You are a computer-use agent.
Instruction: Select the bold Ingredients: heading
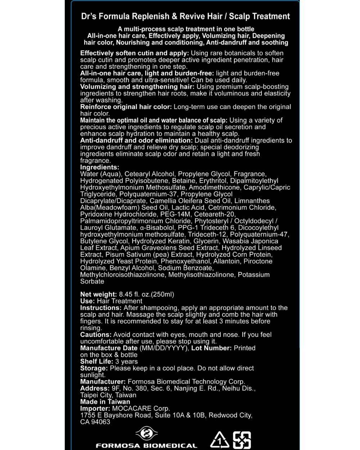tap(100, 167)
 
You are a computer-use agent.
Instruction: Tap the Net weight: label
tap(98, 294)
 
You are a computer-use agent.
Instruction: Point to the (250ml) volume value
tap(163, 294)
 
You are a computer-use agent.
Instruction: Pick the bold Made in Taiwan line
tap(105, 402)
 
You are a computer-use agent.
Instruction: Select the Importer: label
tap(95, 409)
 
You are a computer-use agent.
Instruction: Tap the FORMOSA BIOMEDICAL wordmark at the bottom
tap(147, 446)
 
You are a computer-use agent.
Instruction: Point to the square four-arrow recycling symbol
tap(242, 440)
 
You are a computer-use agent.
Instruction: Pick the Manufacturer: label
tap(103, 382)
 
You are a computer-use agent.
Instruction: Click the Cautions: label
tap(96, 334)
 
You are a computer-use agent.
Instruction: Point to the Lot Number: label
tap(211, 348)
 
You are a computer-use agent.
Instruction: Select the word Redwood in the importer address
tap(223, 415)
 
